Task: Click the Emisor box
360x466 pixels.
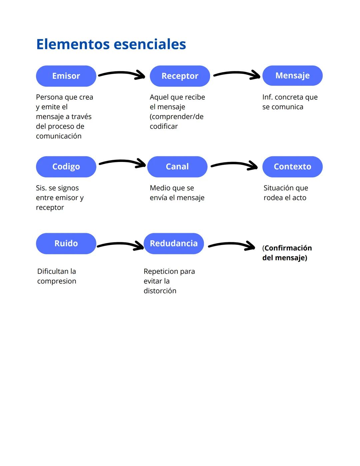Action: (x=66, y=76)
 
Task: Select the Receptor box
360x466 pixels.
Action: (x=180, y=76)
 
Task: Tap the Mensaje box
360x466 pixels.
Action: (x=292, y=76)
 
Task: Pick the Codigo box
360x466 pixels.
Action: (x=66, y=167)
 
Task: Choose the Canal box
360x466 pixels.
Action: (x=177, y=167)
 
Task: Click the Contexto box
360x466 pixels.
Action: (x=292, y=167)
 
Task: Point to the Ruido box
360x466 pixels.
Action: (x=66, y=243)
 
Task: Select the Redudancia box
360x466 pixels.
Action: (x=174, y=243)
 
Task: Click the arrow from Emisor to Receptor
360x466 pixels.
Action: (x=122, y=74)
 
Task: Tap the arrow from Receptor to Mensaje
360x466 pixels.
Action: (x=237, y=74)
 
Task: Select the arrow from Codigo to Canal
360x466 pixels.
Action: (x=122, y=162)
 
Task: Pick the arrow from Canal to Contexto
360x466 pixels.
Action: (x=234, y=164)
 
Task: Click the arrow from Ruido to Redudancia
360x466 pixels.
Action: (x=120, y=245)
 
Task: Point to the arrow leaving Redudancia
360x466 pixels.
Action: (x=232, y=245)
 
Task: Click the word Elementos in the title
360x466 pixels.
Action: (x=73, y=44)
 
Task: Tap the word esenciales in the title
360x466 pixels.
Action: (x=150, y=44)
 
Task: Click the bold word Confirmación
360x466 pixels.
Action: (x=288, y=248)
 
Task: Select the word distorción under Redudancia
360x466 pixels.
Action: (x=160, y=291)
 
